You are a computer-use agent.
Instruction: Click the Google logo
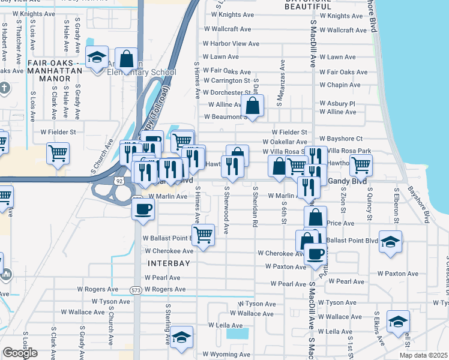pos(20,353)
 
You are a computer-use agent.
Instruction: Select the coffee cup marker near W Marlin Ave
pos(143,209)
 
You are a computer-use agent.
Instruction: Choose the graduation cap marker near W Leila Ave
pos(181,337)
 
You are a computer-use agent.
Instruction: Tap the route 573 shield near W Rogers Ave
pos(136,290)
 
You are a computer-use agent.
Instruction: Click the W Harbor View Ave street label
pos(231,43)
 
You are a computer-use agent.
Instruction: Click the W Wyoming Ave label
pos(230,354)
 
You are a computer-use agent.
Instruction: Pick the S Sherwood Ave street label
pos(226,210)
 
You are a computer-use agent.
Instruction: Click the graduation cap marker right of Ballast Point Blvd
pos(390,242)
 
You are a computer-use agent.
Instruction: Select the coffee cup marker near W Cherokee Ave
pos(315,253)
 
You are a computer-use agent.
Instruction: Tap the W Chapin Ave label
pos(340,85)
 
